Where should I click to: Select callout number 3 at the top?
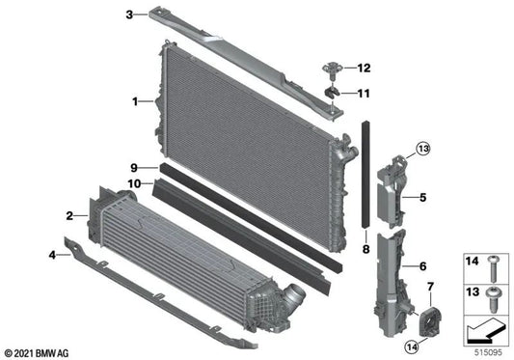point(129,14)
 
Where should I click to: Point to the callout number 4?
point(52,255)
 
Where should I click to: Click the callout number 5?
point(421,199)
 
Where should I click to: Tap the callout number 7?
point(430,287)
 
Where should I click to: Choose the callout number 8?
point(365,249)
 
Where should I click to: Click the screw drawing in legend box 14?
point(494,263)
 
